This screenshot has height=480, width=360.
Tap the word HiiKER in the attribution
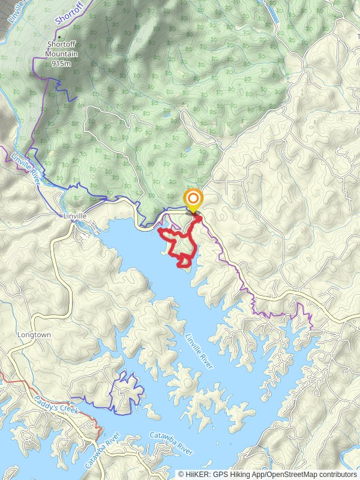point(197,474)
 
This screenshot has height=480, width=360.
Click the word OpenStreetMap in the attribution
point(292,474)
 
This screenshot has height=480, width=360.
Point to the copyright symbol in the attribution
point(181,474)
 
